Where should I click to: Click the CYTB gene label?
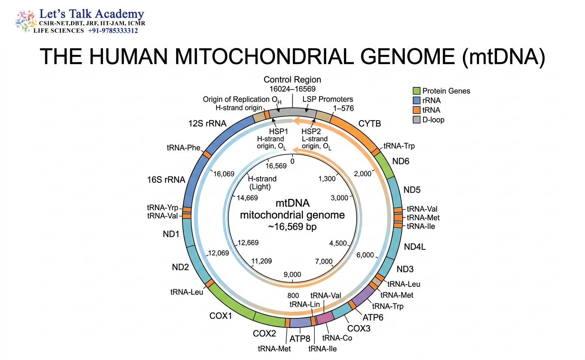pos(369,123)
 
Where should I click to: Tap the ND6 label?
pos(401,161)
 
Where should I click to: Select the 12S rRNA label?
pos(207,123)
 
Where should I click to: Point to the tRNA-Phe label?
pos(184,148)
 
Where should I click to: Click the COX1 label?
pos(221,316)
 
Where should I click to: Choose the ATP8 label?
pos(300,339)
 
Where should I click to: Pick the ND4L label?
pos(415,247)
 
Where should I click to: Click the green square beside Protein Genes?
pos(417,91)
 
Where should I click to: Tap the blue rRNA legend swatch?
pos(417,101)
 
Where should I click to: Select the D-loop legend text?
pos(433,120)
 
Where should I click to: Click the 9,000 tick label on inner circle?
pos(292,274)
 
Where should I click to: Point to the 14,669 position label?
pos(247,198)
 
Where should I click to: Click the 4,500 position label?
pos(338,243)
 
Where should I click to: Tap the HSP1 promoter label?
pos(278,131)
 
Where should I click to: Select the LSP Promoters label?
pos(328,99)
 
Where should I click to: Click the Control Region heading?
pos(292,79)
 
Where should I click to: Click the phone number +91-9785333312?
pos(113,31)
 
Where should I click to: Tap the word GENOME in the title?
pos(408,56)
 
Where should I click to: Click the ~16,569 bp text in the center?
pos(292,227)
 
